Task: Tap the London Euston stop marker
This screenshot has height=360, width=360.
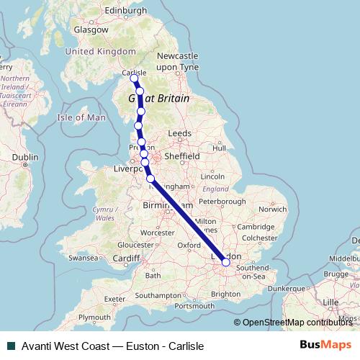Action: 225,263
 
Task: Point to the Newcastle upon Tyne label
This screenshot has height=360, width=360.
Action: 177,60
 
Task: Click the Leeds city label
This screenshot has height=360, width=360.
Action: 179,133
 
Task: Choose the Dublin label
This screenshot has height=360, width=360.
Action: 25,156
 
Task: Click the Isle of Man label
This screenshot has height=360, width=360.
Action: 81,117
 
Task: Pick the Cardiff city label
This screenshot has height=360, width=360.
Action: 126,258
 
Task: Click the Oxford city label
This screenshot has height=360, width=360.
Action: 189,245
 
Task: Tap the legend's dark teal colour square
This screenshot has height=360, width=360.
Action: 11,346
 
